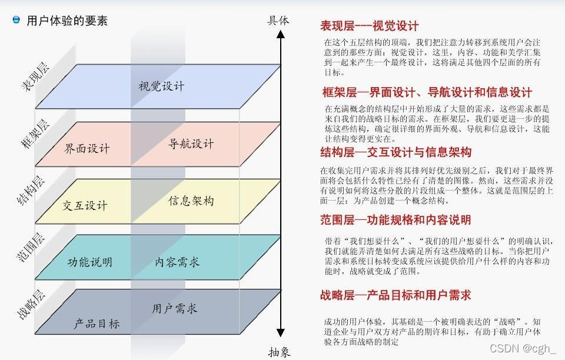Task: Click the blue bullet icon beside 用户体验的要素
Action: pyautogui.click(x=16, y=20)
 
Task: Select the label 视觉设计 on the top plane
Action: pyautogui.click(x=161, y=86)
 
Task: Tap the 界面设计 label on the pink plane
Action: pyautogui.click(x=87, y=148)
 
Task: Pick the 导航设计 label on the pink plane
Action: pyautogui.click(x=191, y=144)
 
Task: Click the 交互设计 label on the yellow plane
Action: pyautogui.click(x=85, y=205)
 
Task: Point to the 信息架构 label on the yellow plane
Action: pyautogui.click(x=191, y=201)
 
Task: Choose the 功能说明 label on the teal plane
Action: pyautogui.click(x=89, y=262)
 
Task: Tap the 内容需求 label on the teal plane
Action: pyautogui.click(x=178, y=261)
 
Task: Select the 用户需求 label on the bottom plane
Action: pyautogui.click(x=175, y=308)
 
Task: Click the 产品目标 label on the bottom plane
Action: pyautogui.click(x=97, y=324)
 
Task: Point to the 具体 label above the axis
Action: pyautogui.click(x=278, y=20)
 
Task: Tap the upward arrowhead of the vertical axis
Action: pyautogui.click(x=281, y=35)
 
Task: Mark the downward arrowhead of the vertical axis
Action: pyautogui.click(x=281, y=332)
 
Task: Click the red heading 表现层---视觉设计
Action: pyautogui.click(x=369, y=25)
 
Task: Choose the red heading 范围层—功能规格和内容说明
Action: pyautogui.click(x=395, y=220)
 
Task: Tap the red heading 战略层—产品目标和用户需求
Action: pyautogui.click(x=395, y=295)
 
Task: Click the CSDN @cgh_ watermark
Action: pyautogui.click(x=523, y=348)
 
